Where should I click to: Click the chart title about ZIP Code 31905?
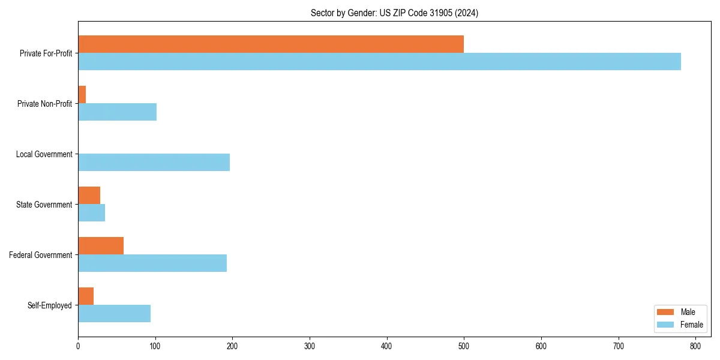coord(394,13)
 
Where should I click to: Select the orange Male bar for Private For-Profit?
coord(271,44)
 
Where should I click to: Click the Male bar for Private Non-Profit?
coord(82,95)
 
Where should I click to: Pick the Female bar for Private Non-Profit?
coord(117,112)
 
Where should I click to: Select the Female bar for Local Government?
coord(154,163)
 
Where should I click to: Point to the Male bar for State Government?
coord(89,196)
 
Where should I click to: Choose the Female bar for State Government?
coord(91,213)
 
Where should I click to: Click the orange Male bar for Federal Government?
coord(101,246)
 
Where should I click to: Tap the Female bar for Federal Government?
coord(152,263)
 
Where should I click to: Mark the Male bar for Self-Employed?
coord(86,296)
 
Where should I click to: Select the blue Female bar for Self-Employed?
coord(114,314)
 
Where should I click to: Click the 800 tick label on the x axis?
coord(695,346)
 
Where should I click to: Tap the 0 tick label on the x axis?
coord(78,346)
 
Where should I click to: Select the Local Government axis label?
coord(44,154)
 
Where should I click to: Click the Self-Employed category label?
coord(49,305)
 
